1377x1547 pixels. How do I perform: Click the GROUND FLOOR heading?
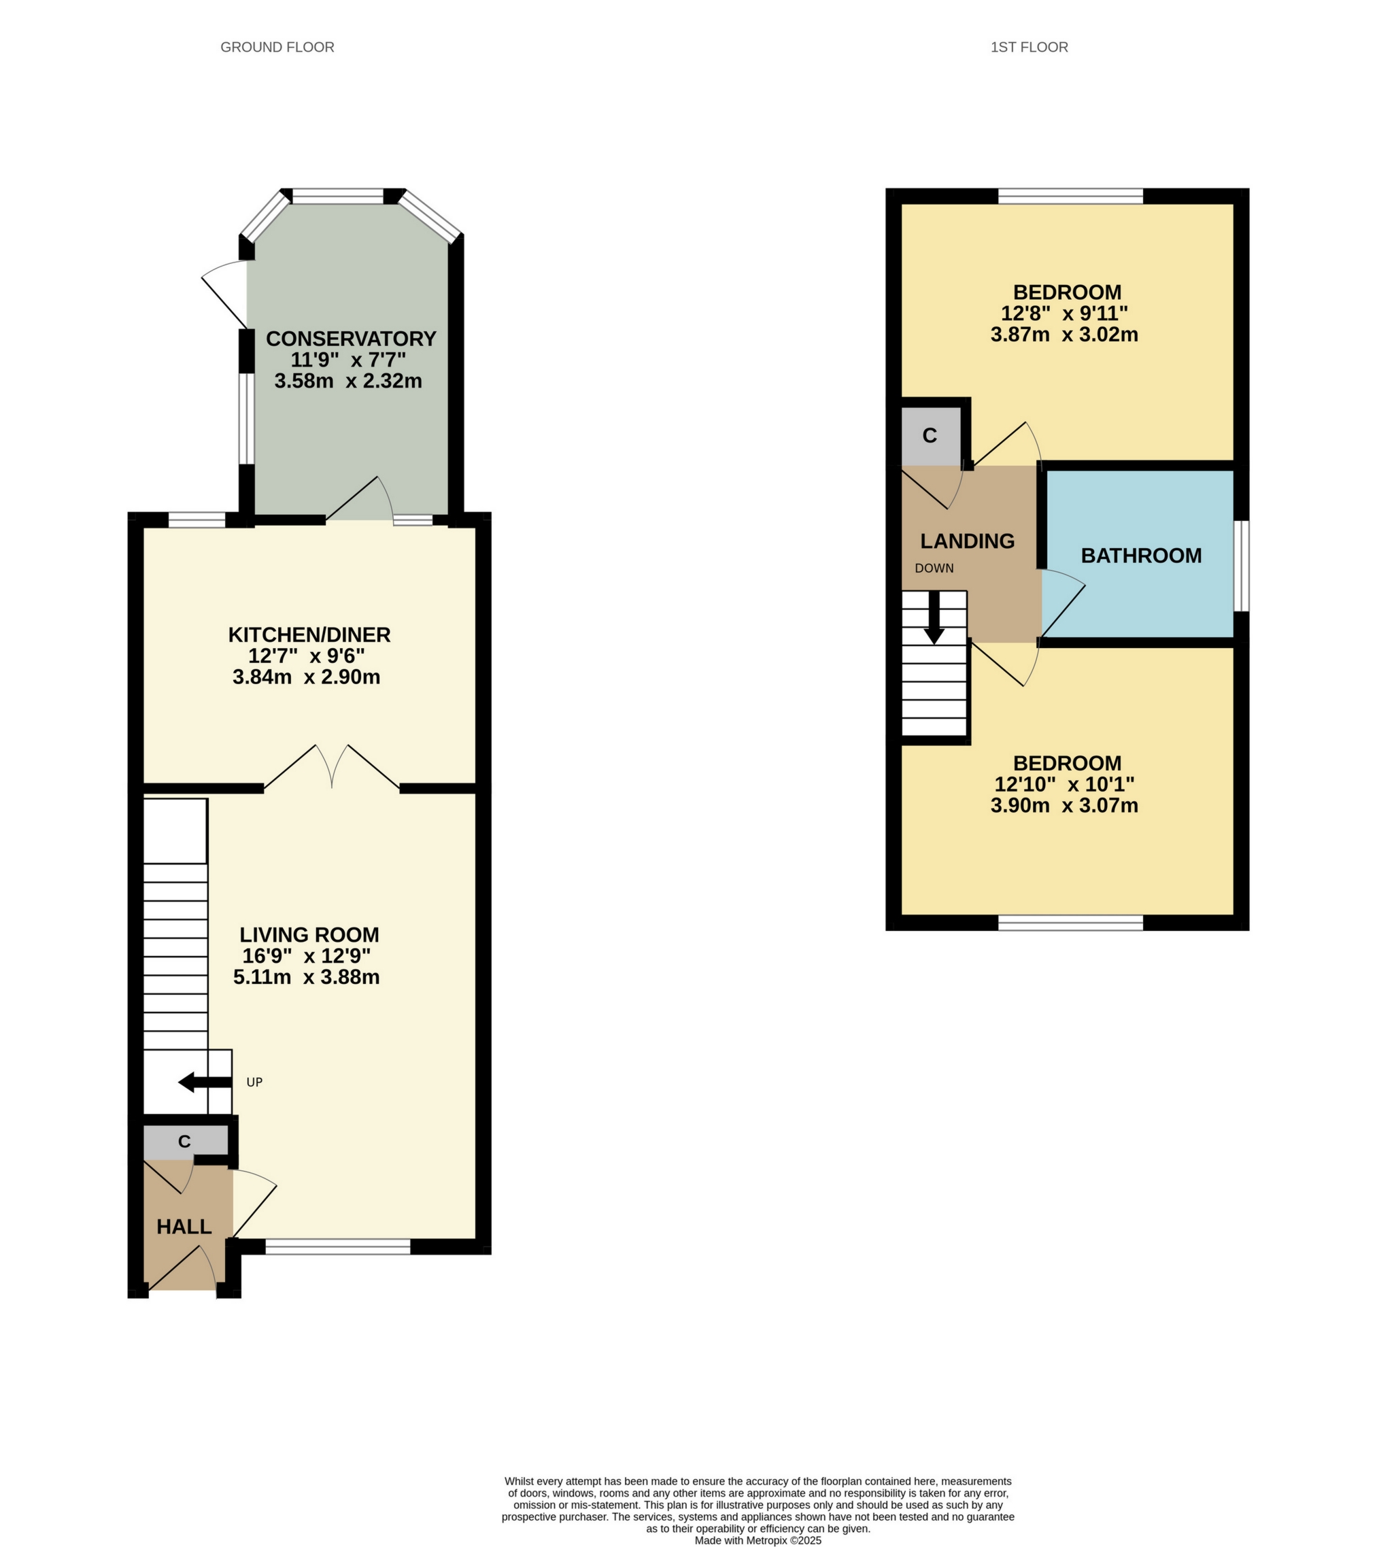click(x=277, y=47)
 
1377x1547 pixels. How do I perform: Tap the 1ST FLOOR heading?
click(x=1029, y=47)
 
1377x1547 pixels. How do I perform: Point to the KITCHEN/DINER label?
click(x=309, y=635)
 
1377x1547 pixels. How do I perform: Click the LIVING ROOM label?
click(x=309, y=935)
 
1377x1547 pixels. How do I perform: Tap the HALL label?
click(x=184, y=1227)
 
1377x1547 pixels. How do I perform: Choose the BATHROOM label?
click(x=1141, y=556)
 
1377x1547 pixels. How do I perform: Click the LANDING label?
click(x=967, y=541)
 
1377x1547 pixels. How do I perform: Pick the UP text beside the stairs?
click(x=254, y=1083)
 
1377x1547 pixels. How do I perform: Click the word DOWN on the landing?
click(x=934, y=568)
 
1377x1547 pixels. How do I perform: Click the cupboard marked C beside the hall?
click(x=185, y=1141)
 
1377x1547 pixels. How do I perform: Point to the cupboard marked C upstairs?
click(x=930, y=436)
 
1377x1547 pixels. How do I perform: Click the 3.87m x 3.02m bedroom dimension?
click(x=1064, y=335)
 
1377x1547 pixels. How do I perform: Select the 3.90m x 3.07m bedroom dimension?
click(x=1064, y=805)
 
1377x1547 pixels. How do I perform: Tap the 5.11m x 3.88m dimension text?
click(x=306, y=977)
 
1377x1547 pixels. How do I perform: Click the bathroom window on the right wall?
click(x=1242, y=565)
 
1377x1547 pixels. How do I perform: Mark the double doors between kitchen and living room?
click(x=332, y=768)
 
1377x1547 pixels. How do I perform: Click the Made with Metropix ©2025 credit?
click(x=758, y=1540)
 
